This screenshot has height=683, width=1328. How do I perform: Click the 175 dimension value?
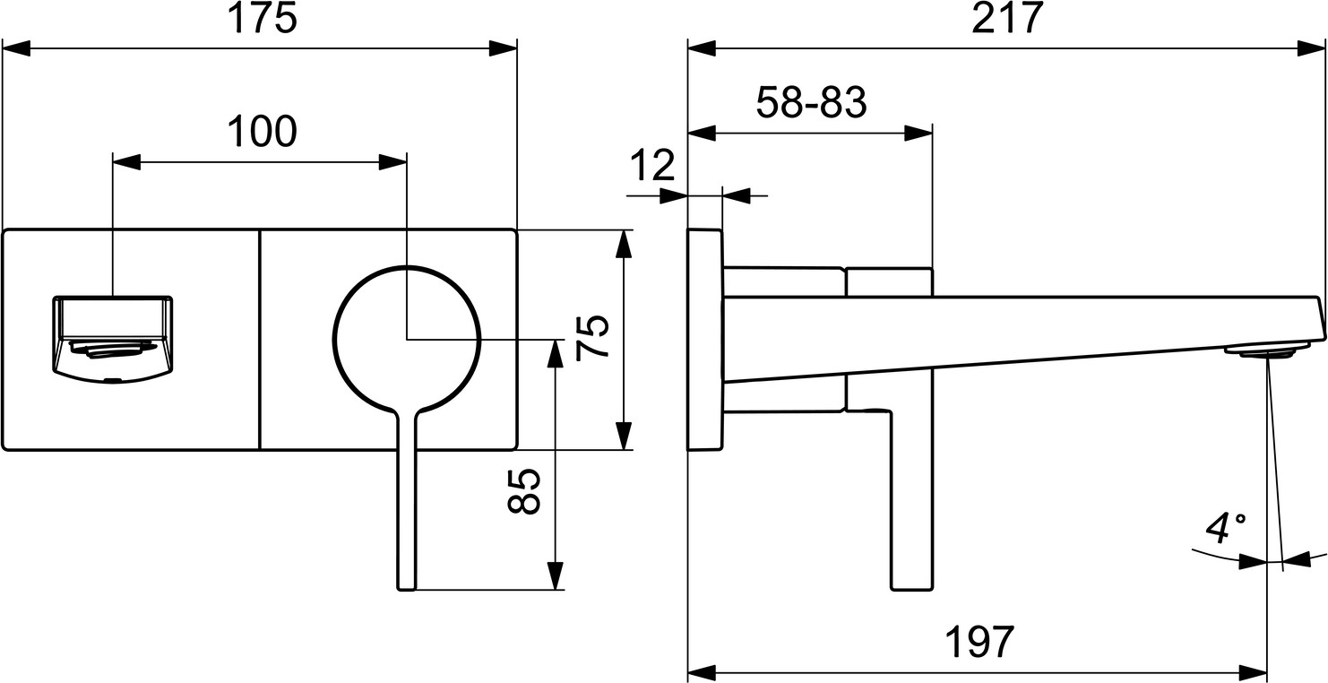click(x=263, y=19)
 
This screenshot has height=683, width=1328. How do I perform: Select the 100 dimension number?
click(x=263, y=132)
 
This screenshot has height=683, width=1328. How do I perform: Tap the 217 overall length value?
click(x=1007, y=19)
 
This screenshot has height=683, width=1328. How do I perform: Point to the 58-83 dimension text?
click(x=811, y=102)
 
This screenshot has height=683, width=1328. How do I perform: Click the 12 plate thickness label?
click(x=652, y=165)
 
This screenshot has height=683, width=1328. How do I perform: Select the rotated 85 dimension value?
click(x=524, y=491)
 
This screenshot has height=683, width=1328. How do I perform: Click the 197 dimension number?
click(x=979, y=642)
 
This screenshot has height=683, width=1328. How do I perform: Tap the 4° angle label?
click(x=1226, y=529)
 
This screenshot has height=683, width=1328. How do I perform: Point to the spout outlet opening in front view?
click(x=113, y=339)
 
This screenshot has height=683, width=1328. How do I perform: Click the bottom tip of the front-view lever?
click(x=407, y=589)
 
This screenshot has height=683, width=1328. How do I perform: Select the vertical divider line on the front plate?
click(x=260, y=340)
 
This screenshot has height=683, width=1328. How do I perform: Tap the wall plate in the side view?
click(x=705, y=340)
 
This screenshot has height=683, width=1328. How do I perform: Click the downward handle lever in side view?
click(x=912, y=499)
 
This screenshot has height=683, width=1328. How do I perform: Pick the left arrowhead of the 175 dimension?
click(x=17, y=48)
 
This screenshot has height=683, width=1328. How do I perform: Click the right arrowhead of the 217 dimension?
click(x=1312, y=48)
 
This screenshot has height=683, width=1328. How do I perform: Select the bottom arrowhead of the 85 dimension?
click(x=555, y=575)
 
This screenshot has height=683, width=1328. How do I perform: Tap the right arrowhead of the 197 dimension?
click(x=1254, y=673)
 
